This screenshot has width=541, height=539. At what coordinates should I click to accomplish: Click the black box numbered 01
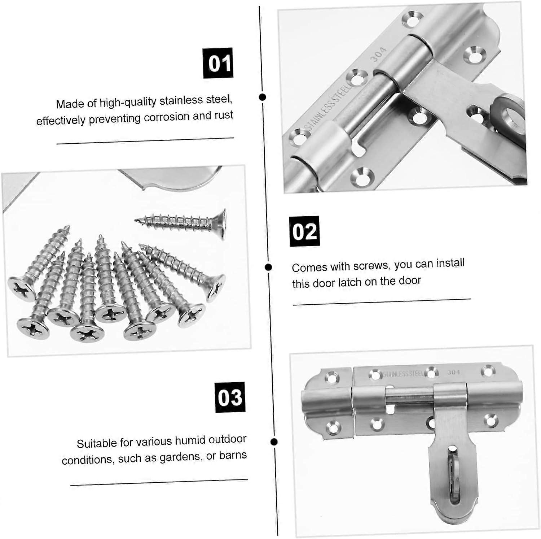click(218, 63)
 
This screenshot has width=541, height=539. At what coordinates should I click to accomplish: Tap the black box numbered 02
click(304, 231)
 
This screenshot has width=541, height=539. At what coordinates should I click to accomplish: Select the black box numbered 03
click(230, 397)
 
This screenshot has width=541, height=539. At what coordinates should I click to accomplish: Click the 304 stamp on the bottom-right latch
click(453, 372)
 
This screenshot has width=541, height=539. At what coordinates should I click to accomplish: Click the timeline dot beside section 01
click(263, 97)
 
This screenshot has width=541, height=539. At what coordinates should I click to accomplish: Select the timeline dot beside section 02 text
click(268, 267)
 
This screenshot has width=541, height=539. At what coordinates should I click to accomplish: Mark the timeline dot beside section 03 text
click(274, 442)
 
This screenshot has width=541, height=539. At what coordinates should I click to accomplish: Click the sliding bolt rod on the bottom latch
click(409, 396)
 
